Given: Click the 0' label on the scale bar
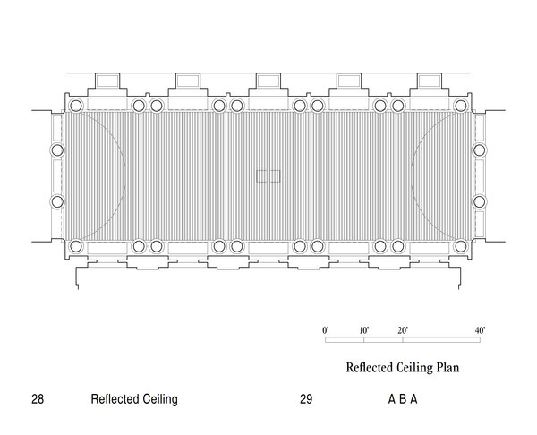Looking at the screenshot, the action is point(326,330).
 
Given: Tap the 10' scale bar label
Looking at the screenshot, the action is point(364,330).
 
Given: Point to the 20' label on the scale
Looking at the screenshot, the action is point(403,330).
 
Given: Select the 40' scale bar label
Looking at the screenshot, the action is point(480,330).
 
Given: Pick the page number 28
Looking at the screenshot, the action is point(38,399).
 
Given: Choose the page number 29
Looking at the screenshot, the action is point(306,399).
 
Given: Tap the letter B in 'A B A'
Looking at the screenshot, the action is point(403,399).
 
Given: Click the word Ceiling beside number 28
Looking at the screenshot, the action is point(160,399).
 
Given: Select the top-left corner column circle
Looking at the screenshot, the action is point(76,106).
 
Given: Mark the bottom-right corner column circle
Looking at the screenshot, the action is point(461,246).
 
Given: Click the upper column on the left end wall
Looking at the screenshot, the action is point(57,150).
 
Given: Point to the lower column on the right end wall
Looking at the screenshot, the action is point(480,201).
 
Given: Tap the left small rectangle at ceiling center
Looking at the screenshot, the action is point(261,176).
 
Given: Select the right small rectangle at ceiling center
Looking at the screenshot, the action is point(275,176).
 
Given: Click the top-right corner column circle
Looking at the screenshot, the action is point(461,106).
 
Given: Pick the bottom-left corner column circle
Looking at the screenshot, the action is point(76,246).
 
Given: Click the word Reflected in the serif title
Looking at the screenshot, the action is point(369,368).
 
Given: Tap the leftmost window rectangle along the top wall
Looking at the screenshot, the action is point(107,81).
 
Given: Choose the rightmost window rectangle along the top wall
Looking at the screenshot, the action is point(430,81).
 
